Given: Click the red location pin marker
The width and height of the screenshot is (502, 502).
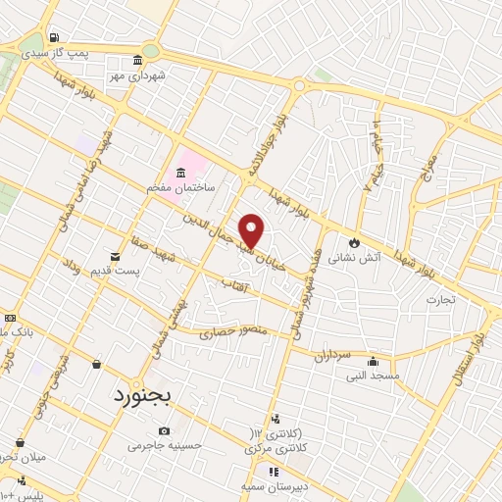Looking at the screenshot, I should coord(252,229).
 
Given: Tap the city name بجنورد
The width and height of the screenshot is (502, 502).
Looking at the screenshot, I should coord(141,398).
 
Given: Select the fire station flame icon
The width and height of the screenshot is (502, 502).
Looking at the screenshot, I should coord(354,242).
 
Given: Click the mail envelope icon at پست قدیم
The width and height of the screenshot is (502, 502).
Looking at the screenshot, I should coord(116,256).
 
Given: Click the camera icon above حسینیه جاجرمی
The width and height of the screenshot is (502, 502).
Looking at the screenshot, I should coord(163,431).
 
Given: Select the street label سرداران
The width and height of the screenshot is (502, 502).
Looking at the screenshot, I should coord(333,357).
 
